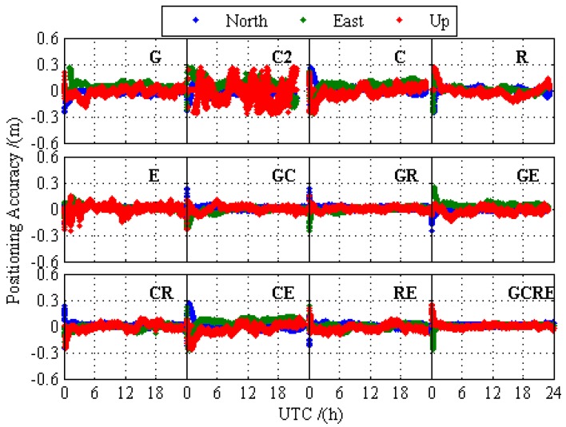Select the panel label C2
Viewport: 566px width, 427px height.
click(x=281, y=57)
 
